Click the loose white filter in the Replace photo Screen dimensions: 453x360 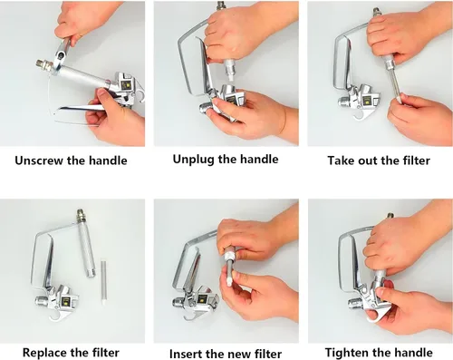click(103, 282)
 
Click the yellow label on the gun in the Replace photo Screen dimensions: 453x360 click(66, 301)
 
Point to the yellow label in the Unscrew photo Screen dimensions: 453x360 click(124, 85)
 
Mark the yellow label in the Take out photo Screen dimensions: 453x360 click(367, 100)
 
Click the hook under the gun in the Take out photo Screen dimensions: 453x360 click(360, 115)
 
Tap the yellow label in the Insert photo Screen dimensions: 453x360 click(201, 300)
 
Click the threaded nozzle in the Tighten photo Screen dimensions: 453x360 click(355, 303)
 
